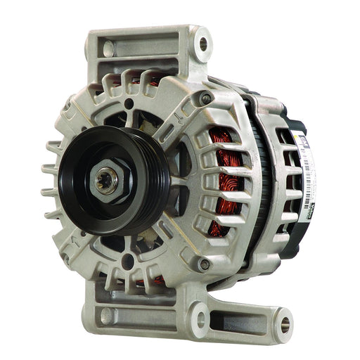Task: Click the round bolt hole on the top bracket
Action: click(x=203, y=44)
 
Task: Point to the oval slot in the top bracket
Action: click(x=108, y=49)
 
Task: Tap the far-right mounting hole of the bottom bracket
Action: click(x=285, y=324)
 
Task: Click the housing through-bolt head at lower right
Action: click(x=204, y=264)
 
